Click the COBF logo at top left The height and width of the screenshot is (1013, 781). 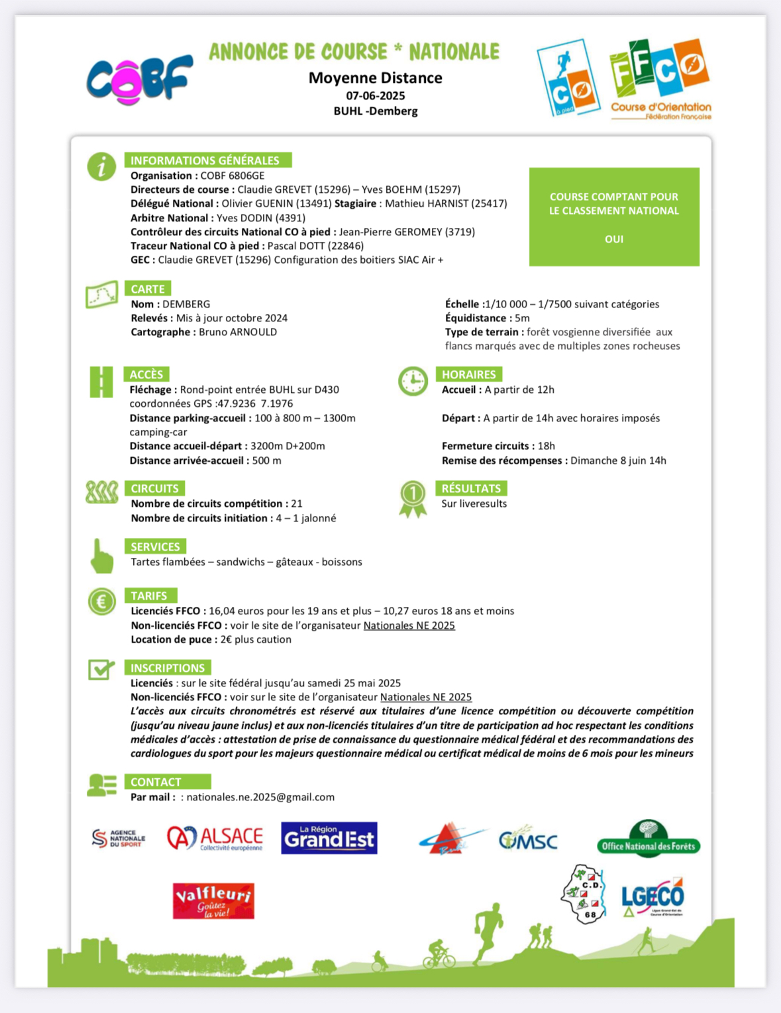click(x=139, y=80)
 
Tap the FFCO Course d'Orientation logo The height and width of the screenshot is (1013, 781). click(x=660, y=78)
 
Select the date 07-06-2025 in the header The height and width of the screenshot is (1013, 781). click(x=375, y=95)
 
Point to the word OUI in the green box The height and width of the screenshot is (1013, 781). click(x=614, y=239)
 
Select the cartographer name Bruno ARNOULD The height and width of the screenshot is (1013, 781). click(x=238, y=332)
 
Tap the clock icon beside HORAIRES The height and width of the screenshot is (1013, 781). click(x=413, y=381)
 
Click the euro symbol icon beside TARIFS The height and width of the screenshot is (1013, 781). click(x=101, y=602)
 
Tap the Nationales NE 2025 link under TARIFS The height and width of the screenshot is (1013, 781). click(x=409, y=625)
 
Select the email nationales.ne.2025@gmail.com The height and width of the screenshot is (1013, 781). click(x=260, y=797)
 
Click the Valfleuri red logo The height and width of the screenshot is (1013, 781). click(x=213, y=900)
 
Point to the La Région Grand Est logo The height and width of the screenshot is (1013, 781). click(x=329, y=838)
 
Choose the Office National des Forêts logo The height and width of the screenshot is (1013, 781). click(x=649, y=840)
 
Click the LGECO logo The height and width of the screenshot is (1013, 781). click(x=652, y=898)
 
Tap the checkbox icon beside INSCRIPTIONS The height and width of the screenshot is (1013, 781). click(x=101, y=669)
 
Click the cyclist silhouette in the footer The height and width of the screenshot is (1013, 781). click(x=439, y=953)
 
